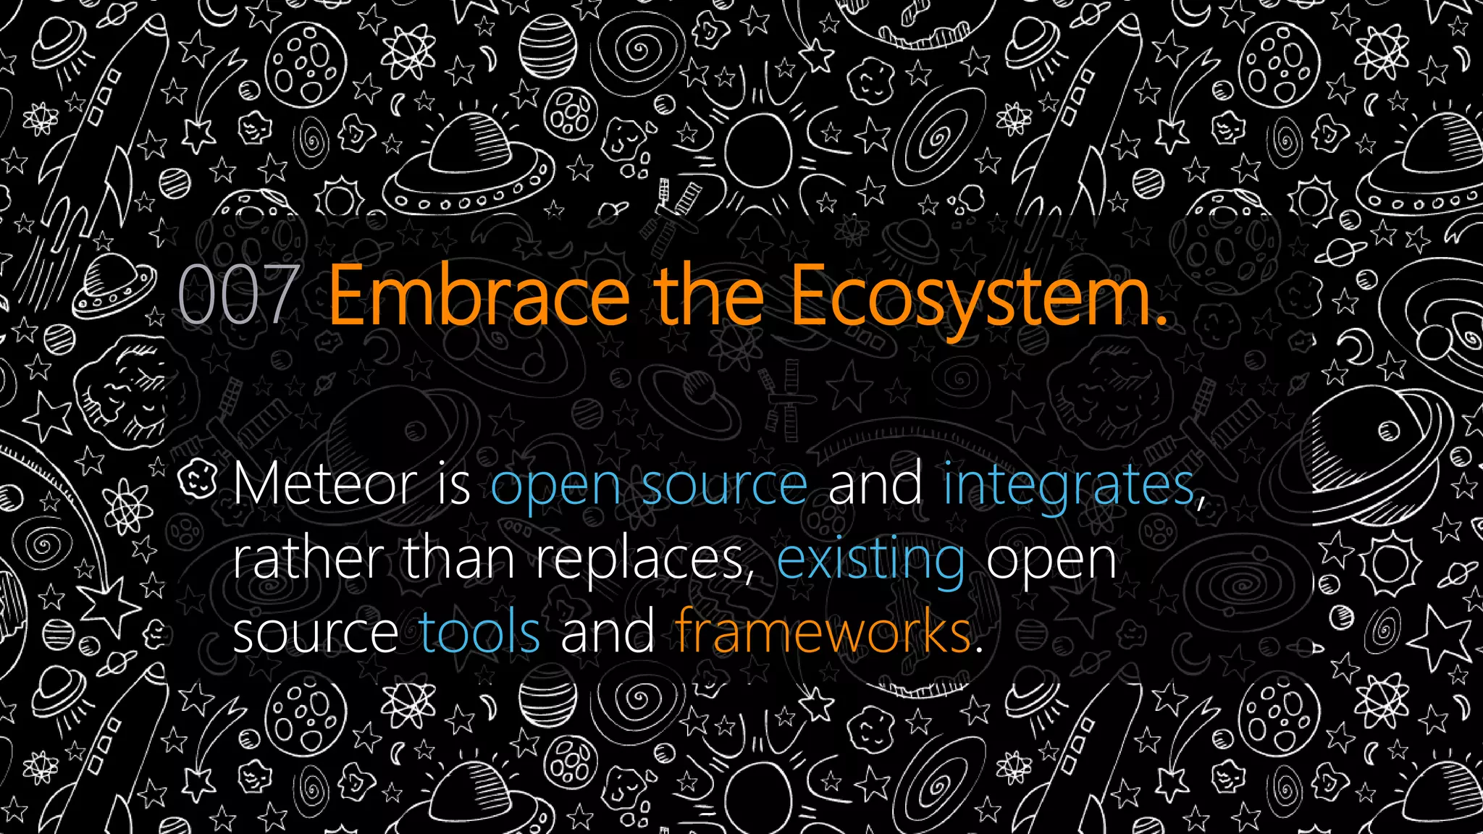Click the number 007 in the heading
coord(238,295)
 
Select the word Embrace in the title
coord(479,295)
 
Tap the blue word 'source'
coord(724,485)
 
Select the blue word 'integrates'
coord(1068,485)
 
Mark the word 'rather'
coord(308,559)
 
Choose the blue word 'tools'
coord(479,631)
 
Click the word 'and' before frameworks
coord(607,631)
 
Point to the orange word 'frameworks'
coord(823,631)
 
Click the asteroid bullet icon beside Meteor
coord(198,479)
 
